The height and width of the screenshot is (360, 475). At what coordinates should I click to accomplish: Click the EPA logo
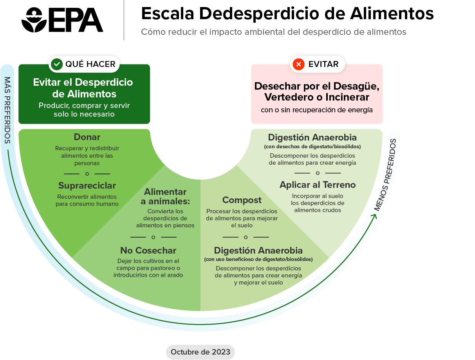pos(62,20)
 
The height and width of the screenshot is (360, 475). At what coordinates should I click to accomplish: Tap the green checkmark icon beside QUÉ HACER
pos(57,64)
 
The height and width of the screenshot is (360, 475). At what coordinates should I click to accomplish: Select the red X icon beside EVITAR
pos(299,64)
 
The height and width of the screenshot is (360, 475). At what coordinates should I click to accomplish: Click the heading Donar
pos(87,137)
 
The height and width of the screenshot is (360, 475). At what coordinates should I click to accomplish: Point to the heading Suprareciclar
pos(87,185)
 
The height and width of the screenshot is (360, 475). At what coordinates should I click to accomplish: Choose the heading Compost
pos(242,200)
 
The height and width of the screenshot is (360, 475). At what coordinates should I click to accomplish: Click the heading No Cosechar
pos(148,250)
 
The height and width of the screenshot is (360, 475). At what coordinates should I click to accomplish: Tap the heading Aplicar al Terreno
pos(318,185)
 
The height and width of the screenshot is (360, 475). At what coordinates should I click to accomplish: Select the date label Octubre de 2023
pos(200,352)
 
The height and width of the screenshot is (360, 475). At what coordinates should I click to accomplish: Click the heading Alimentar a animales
pos(165,196)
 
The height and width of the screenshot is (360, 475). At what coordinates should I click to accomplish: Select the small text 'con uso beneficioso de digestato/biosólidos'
pos(258,259)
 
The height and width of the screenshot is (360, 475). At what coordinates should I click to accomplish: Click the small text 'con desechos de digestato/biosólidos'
pos(312,147)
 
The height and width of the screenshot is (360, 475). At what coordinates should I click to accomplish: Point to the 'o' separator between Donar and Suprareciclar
pos(87,174)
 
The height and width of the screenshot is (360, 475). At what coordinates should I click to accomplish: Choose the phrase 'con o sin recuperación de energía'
pos(316,110)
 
